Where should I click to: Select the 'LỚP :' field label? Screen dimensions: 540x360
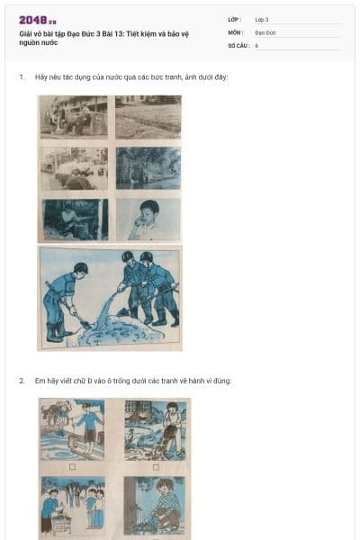click(x=235, y=19)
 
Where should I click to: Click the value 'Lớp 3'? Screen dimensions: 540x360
click(x=261, y=19)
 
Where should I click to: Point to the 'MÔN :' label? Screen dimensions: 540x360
click(x=236, y=31)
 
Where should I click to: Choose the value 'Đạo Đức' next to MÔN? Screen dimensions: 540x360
click(x=265, y=31)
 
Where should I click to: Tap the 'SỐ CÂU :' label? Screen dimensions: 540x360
click(x=238, y=44)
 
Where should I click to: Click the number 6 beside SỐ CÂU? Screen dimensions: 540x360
click(x=256, y=44)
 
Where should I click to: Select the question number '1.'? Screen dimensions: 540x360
click(x=22, y=77)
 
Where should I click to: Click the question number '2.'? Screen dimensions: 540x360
click(x=22, y=381)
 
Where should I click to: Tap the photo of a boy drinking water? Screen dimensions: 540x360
click(x=148, y=219)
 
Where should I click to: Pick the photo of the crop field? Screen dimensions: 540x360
click(x=148, y=117)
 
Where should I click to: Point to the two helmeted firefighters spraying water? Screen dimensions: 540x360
click(x=148, y=288)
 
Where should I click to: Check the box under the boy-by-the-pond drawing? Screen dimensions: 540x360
click(x=72, y=467)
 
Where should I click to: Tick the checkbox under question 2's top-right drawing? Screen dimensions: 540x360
click(x=156, y=467)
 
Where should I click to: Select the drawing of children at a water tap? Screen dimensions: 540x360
click(x=72, y=508)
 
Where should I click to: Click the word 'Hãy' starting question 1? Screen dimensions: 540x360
click(x=40, y=77)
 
